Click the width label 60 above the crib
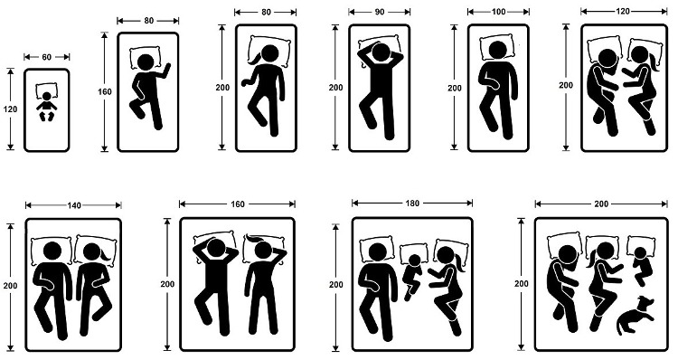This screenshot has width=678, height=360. pos(47,57)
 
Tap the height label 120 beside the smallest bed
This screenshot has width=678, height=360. pos(10,109)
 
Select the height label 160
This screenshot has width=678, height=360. pos(105,91)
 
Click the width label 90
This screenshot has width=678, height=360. pos(379,12)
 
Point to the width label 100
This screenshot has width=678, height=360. pos(498,12)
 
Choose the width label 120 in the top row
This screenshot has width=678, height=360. pos(623,11)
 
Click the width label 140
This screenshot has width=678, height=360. pos(74,205)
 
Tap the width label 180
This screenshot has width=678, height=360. pos(412,203)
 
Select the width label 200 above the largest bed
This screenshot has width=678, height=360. pos(601,204)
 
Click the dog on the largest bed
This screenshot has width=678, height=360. pos(635,315)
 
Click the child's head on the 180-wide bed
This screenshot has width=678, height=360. pos(415,260)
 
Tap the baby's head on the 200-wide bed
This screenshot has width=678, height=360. pos(640,252)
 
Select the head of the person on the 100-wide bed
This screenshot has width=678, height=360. pos(498,51)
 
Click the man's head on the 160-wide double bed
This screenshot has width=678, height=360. pos(215,248)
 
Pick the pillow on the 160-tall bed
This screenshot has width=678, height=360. pos(146,58)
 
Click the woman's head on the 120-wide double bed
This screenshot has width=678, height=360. pos(639,55)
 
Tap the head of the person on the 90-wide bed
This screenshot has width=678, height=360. pos(381,52)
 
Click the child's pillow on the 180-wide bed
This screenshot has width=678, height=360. pos(414,255)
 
